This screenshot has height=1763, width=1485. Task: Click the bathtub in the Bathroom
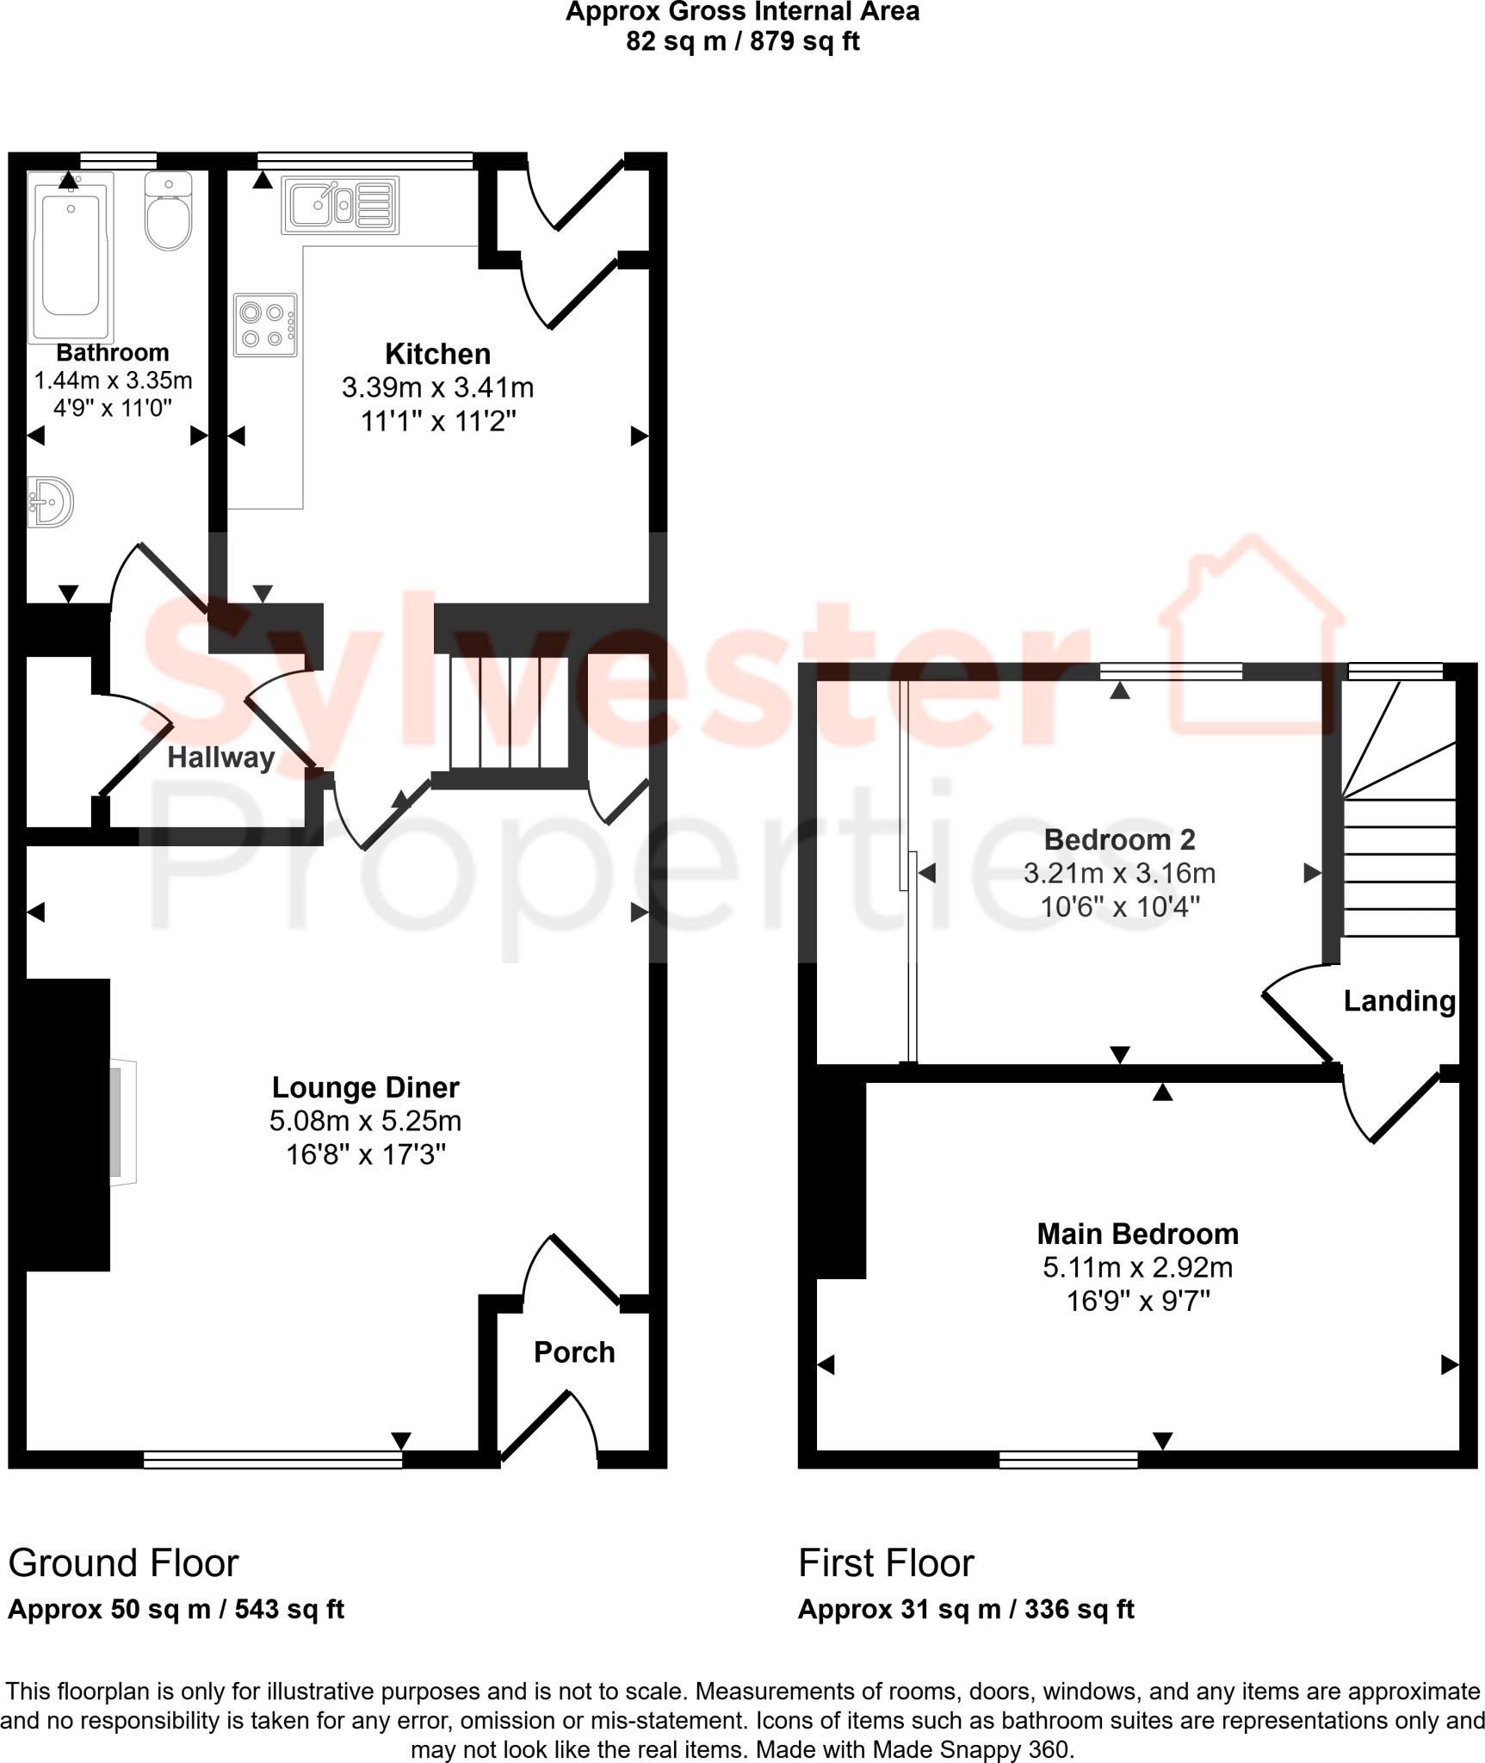[x=71, y=256]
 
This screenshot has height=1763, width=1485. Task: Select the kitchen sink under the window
[x=340, y=206]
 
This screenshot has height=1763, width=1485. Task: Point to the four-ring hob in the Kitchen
[x=265, y=325]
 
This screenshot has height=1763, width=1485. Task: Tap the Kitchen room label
[x=437, y=354]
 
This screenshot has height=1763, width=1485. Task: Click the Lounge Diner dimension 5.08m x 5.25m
[x=365, y=1121]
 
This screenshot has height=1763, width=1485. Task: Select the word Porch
[x=574, y=1352]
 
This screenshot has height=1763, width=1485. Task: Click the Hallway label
[x=220, y=758]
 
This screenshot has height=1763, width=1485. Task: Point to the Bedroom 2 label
[x=1119, y=839]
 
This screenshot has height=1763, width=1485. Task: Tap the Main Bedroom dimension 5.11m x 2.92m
[x=1137, y=1267]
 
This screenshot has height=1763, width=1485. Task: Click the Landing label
[x=1399, y=1000]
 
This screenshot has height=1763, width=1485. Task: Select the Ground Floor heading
[x=123, y=1562]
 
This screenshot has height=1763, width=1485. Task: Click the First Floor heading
[x=886, y=1562]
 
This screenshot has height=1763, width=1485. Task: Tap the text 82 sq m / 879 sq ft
[x=742, y=40]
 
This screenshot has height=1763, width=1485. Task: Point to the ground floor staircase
[x=509, y=712]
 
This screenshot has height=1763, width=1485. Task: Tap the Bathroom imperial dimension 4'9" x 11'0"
[x=113, y=408]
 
